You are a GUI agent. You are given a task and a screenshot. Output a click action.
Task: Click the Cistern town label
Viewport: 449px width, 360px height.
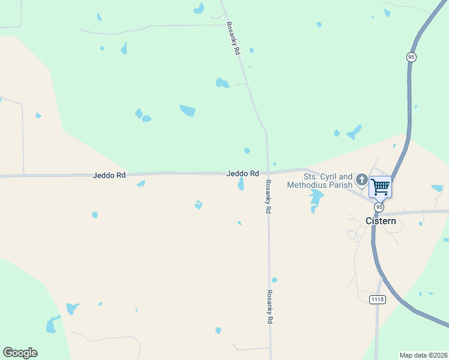point(381,221)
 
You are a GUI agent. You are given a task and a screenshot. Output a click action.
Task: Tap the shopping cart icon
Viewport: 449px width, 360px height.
point(380,187)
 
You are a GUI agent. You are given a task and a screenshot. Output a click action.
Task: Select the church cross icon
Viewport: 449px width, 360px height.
point(361,179)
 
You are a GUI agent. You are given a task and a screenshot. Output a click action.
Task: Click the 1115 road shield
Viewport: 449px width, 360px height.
point(377,299)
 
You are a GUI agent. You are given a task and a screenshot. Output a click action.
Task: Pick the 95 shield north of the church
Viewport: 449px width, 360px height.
point(411,57)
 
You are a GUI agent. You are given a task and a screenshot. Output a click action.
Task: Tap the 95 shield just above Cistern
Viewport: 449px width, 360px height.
point(379,206)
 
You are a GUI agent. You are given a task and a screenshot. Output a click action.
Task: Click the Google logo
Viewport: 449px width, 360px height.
point(20,353)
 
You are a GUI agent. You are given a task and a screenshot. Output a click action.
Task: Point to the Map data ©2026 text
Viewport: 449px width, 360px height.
point(423,355)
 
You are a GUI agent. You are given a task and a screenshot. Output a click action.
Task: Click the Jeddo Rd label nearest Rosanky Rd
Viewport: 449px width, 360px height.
point(243,173)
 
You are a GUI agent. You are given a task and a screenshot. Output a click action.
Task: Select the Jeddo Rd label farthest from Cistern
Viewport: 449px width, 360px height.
point(109,175)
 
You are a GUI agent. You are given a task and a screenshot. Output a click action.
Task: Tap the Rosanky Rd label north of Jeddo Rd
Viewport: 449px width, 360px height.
point(233,39)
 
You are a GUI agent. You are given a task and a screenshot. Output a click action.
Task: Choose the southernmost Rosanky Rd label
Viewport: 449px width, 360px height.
point(270,307)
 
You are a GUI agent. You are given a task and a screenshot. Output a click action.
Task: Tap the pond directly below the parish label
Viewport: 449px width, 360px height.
point(315,200)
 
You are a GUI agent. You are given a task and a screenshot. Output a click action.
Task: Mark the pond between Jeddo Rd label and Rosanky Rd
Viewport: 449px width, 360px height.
point(241,184)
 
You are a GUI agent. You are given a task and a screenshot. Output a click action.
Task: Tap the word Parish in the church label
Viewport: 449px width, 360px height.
point(341,185)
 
